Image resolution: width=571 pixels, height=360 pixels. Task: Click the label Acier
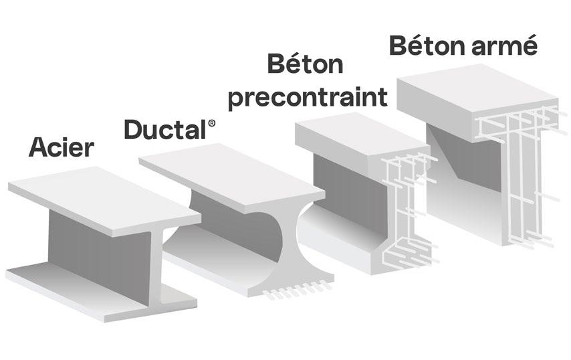(x=61, y=147)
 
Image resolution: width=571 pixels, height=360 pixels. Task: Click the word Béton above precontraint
(x=304, y=65)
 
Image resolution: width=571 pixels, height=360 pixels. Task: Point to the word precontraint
(x=308, y=96)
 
